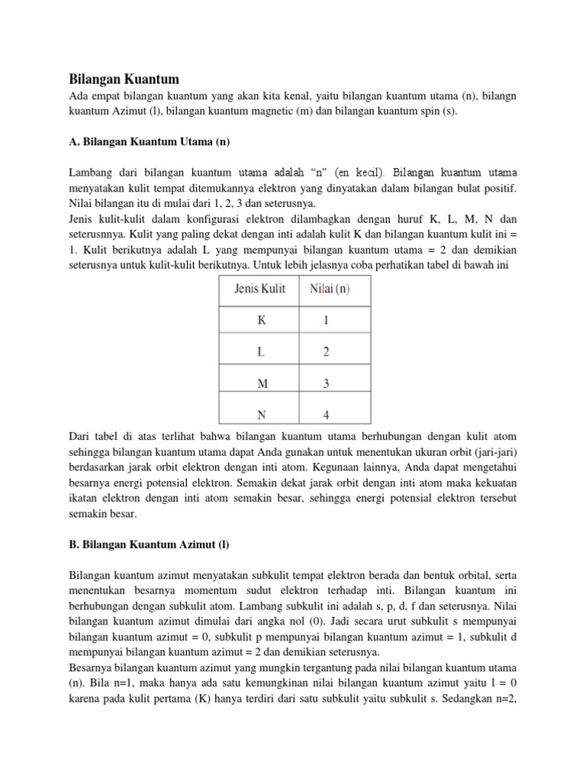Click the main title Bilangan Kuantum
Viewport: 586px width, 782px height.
[124, 79]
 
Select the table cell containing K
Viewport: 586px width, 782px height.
[261, 321]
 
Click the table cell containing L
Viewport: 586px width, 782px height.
[261, 352]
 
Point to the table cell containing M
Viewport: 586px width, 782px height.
[261, 383]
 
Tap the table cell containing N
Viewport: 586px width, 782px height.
[261, 414]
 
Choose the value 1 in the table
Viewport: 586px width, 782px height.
[327, 321]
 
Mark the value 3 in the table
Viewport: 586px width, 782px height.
[327, 383]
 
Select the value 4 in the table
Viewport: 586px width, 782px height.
[327, 414]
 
